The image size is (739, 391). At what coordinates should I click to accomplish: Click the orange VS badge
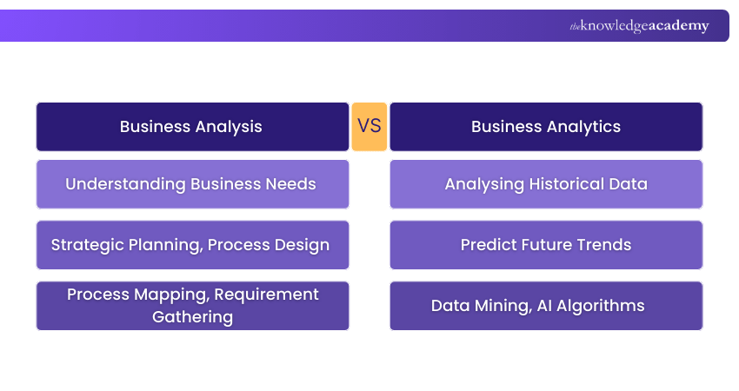(369, 127)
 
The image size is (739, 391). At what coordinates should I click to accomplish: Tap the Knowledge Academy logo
(639, 26)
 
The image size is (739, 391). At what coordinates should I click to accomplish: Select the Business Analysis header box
(192, 127)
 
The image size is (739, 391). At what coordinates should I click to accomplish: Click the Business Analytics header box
(546, 127)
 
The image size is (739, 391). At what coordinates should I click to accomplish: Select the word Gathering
(192, 316)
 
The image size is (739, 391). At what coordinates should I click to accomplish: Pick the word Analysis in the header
(228, 127)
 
